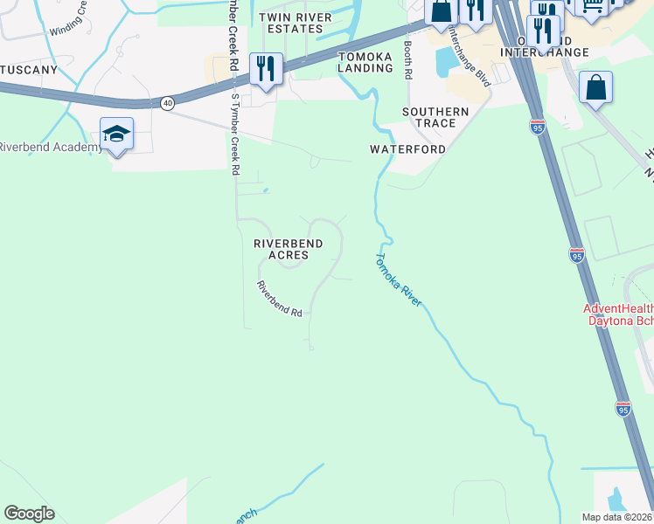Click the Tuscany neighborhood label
coord(29,69)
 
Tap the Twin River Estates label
coord(295,23)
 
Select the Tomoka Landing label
coord(365,62)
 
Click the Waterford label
coord(407,149)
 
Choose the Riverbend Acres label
coord(289,249)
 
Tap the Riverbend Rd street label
coord(279,298)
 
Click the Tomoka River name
coord(399,279)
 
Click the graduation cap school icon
coord(116,134)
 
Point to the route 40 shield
coord(167,103)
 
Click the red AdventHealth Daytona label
coord(618,315)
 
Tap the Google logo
coord(29,514)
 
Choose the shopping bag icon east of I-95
coord(595,87)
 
